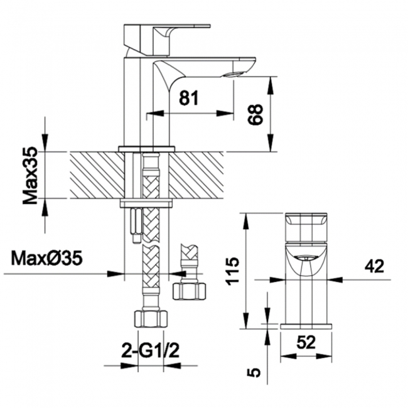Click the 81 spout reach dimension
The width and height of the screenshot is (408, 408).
coord(189,97)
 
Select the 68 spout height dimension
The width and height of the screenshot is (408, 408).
coord(255,114)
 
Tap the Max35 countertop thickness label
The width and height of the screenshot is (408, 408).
coord(30,175)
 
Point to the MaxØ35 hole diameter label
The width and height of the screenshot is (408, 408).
coord(46,258)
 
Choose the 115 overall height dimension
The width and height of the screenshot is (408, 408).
coord(233,271)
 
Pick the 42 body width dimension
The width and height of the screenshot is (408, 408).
coord(374,266)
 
